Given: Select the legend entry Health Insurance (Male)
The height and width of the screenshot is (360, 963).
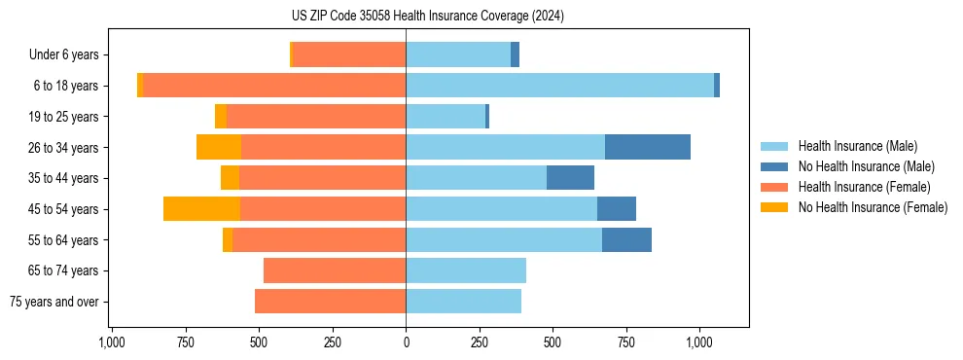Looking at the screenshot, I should [856, 146].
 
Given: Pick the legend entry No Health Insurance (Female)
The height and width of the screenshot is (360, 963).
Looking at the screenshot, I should [873, 207].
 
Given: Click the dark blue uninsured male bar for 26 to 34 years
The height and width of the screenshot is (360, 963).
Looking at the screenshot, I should [647, 147].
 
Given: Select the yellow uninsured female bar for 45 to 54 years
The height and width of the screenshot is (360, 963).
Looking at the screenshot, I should [201, 209].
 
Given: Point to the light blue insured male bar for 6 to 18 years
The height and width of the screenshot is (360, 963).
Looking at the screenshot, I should [559, 86].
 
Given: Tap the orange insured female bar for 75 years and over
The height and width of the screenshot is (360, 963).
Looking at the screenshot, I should [330, 302].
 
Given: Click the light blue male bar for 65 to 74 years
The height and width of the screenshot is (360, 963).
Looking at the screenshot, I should [465, 270].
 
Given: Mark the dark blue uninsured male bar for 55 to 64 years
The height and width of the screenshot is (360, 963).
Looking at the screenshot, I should [626, 239].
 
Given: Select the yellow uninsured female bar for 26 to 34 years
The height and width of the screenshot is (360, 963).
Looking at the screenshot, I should [218, 147].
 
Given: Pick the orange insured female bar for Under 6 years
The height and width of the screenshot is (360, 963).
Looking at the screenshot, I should [348, 54].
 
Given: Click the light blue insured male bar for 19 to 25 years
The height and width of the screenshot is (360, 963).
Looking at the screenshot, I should [445, 117].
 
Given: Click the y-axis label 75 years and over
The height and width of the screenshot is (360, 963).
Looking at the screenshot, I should [53, 302].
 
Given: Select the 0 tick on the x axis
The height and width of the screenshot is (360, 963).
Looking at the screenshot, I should [406, 342].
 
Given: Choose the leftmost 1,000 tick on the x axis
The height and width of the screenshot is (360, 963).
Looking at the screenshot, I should [112, 342].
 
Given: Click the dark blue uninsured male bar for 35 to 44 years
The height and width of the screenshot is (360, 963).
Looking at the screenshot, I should [570, 178].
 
